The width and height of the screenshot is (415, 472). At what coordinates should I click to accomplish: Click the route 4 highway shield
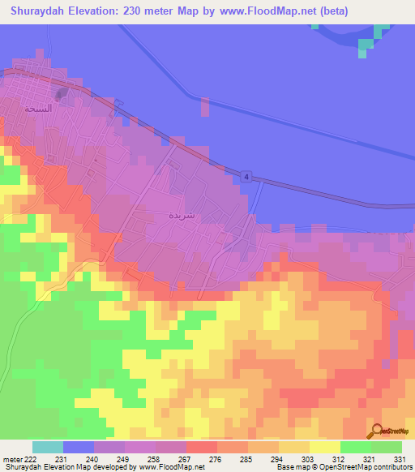(244, 177)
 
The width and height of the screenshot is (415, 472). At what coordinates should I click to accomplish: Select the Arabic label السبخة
(39, 108)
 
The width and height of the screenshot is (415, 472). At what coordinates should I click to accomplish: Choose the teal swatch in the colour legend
(48, 447)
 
